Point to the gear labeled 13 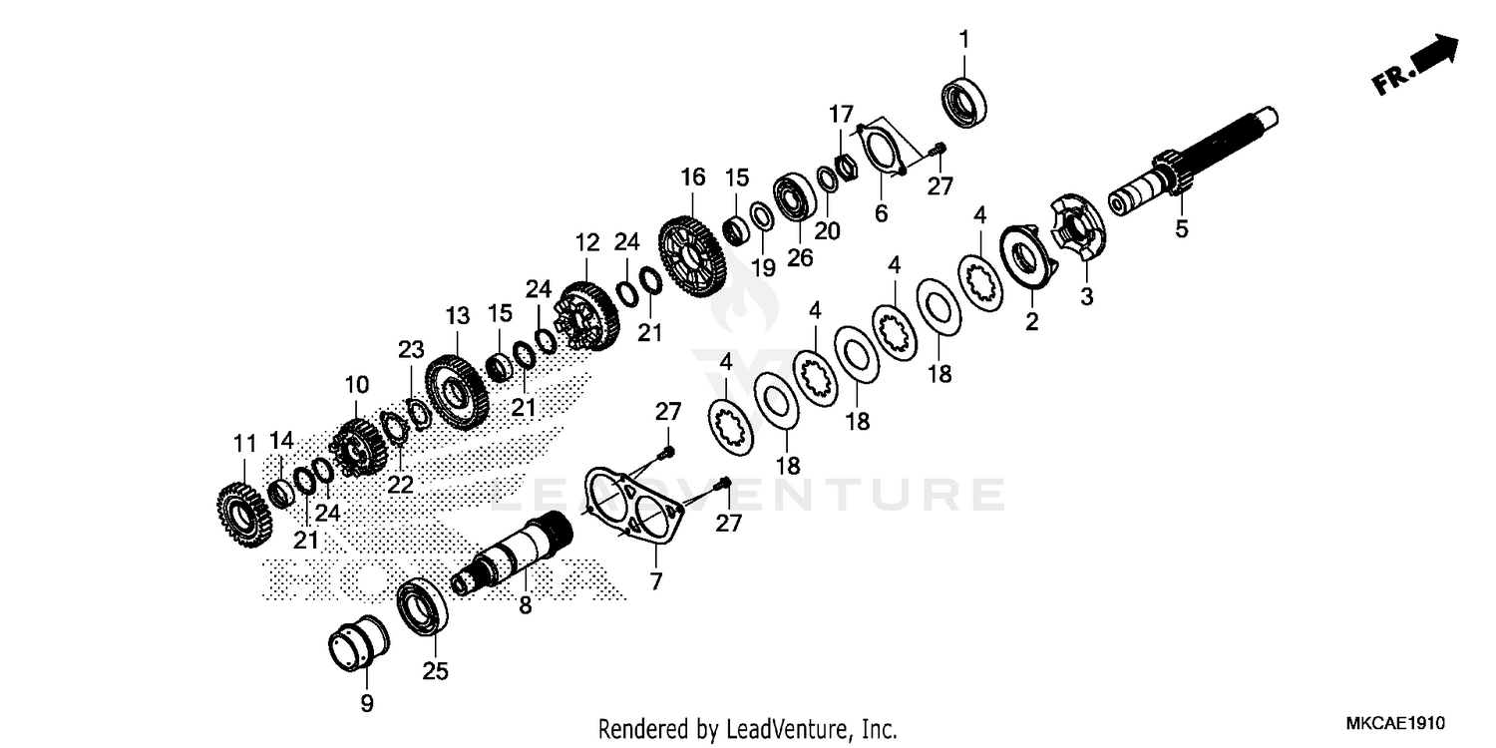[x=456, y=394]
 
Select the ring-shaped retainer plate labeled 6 [x=882, y=151]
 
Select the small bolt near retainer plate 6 [x=937, y=151]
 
